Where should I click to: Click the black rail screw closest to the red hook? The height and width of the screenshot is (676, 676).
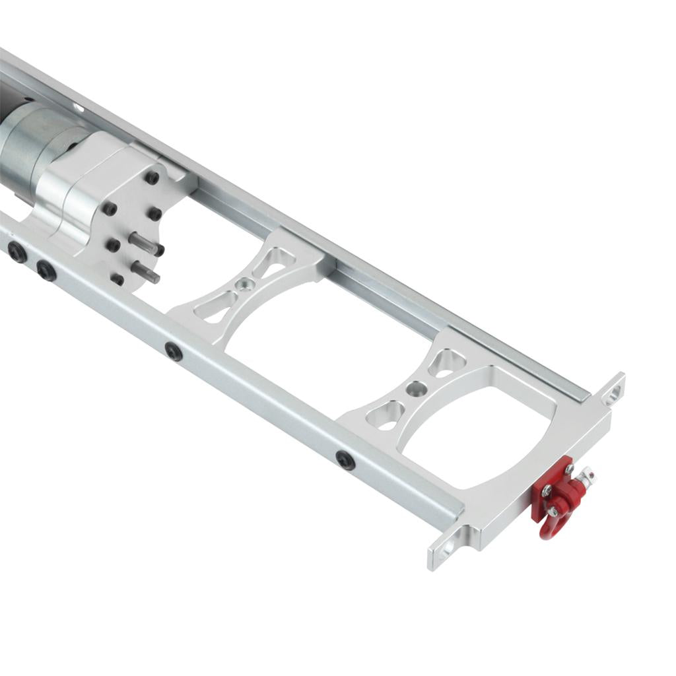coord(345,459)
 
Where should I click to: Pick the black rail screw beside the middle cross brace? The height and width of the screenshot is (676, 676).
coord(174,351)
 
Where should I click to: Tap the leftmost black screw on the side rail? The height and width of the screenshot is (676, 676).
coord(17,252)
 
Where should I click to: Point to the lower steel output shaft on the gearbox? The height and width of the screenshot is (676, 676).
coord(145,271)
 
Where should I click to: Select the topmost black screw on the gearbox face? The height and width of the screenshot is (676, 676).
coord(152,178)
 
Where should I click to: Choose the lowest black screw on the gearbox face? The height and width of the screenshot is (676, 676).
coord(117,279)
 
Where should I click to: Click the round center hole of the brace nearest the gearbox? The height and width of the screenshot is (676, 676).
coord(245,285)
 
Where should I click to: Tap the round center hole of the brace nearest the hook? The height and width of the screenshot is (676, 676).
coord(415,389)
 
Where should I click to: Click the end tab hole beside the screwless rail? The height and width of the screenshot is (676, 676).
coord(613,393)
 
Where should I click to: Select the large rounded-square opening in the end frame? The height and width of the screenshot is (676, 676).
coord(475,436)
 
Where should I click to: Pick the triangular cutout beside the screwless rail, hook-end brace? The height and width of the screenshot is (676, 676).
coord(446,364)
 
